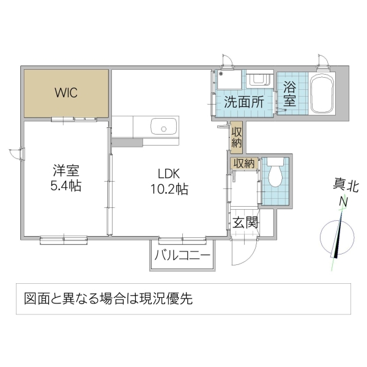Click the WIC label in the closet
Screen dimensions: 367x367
click(x=65, y=93)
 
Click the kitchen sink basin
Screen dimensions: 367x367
click(x=163, y=128)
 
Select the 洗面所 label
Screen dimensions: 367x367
click(x=243, y=102)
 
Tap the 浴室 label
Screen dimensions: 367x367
click(x=289, y=95)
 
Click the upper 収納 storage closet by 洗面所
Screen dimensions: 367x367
click(x=237, y=138)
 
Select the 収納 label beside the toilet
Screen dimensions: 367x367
click(x=243, y=163)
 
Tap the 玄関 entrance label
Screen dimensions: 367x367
click(x=245, y=222)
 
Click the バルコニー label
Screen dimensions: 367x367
click(x=182, y=255)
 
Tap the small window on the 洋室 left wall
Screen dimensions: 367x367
click(x=21, y=154)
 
